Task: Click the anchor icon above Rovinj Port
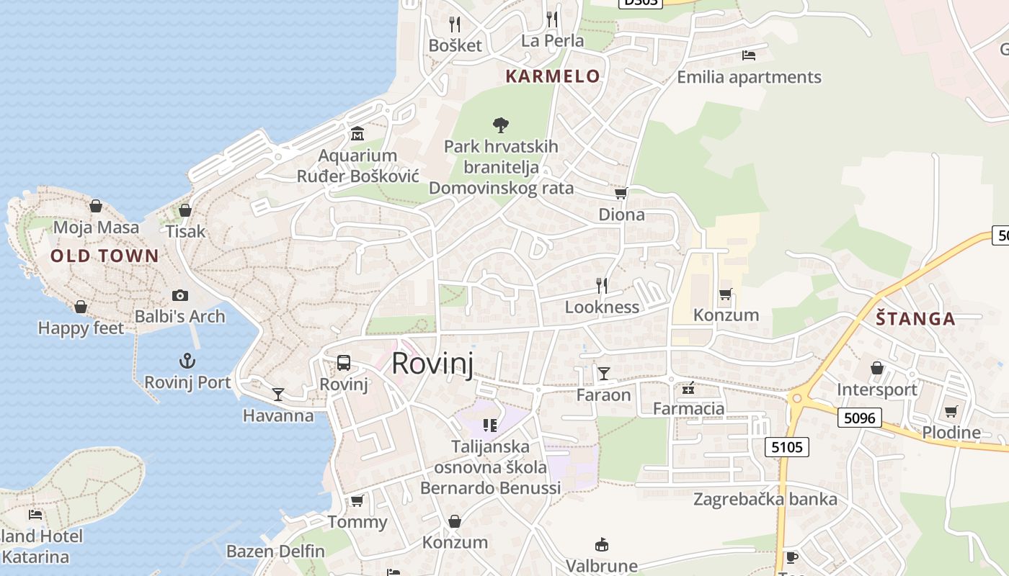tap(187, 360)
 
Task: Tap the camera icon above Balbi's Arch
tap(180, 295)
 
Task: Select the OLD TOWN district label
tap(105, 256)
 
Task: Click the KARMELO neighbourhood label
tap(553, 76)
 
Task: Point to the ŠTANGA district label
tap(915, 319)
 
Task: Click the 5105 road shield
tap(786, 447)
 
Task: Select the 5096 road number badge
tap(860, 417)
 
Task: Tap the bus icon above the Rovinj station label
tap(344, 363)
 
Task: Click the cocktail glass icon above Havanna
tap(278, 394)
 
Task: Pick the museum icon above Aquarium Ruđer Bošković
tap(357, 134)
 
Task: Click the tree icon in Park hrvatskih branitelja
tap(501, 125)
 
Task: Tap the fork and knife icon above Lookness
tap(602, 286)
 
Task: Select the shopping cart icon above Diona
tap(621, 193)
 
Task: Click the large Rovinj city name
tap(432, 364)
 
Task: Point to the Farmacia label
tap(688, 409)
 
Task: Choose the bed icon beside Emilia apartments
tap(749, 55)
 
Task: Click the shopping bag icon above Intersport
tap(877, 368)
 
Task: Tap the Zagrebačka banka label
tap(765, 499)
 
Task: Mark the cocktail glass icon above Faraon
tap(604, 373)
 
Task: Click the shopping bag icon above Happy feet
tap(81, 307)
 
